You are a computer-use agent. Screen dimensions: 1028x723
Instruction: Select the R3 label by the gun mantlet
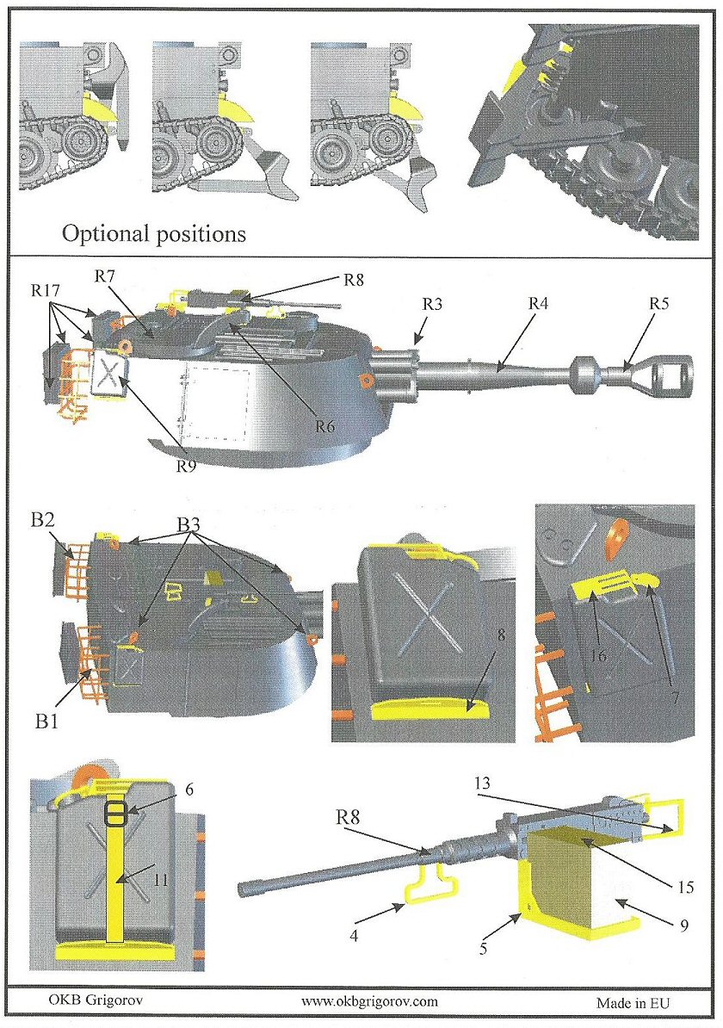433,304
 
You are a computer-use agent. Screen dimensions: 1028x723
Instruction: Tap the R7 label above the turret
105,276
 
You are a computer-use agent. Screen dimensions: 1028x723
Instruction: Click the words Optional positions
154,232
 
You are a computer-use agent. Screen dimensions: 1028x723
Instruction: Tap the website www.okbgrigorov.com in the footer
370,1001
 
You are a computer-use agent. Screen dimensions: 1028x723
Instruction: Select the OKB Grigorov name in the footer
83,1001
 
